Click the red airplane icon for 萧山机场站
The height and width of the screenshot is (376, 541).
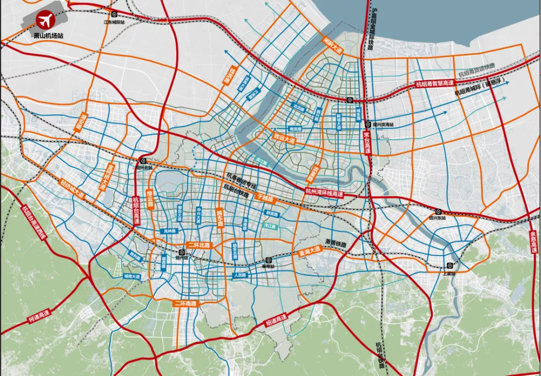[44, 21]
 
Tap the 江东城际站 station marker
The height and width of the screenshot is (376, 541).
[114, 15]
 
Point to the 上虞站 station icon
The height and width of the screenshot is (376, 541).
[449, 265]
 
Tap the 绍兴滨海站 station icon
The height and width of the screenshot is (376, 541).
[367, 123]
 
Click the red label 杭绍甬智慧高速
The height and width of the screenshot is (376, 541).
[434, 84]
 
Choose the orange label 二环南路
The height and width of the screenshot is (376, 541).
[186, 304]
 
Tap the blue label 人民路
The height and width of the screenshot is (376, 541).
[239, 275]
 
